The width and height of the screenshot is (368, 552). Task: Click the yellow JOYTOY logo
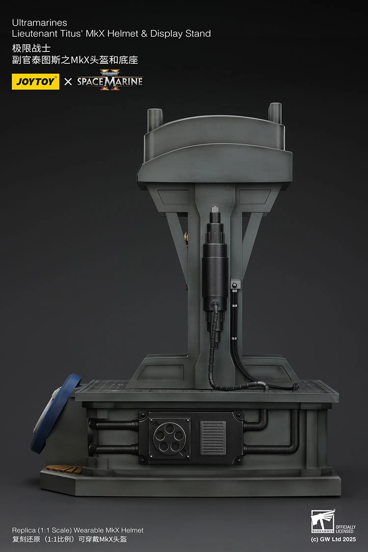pos(35,81)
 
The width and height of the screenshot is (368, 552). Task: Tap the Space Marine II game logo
pos(110,80)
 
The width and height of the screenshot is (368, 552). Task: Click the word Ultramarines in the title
pos(39,23)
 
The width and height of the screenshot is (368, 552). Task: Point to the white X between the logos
pos(68,81)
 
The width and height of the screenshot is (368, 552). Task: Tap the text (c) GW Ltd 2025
pos(334,539)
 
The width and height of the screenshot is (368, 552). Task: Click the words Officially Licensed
pos(345,529)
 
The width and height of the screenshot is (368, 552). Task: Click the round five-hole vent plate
pos(169,437)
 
